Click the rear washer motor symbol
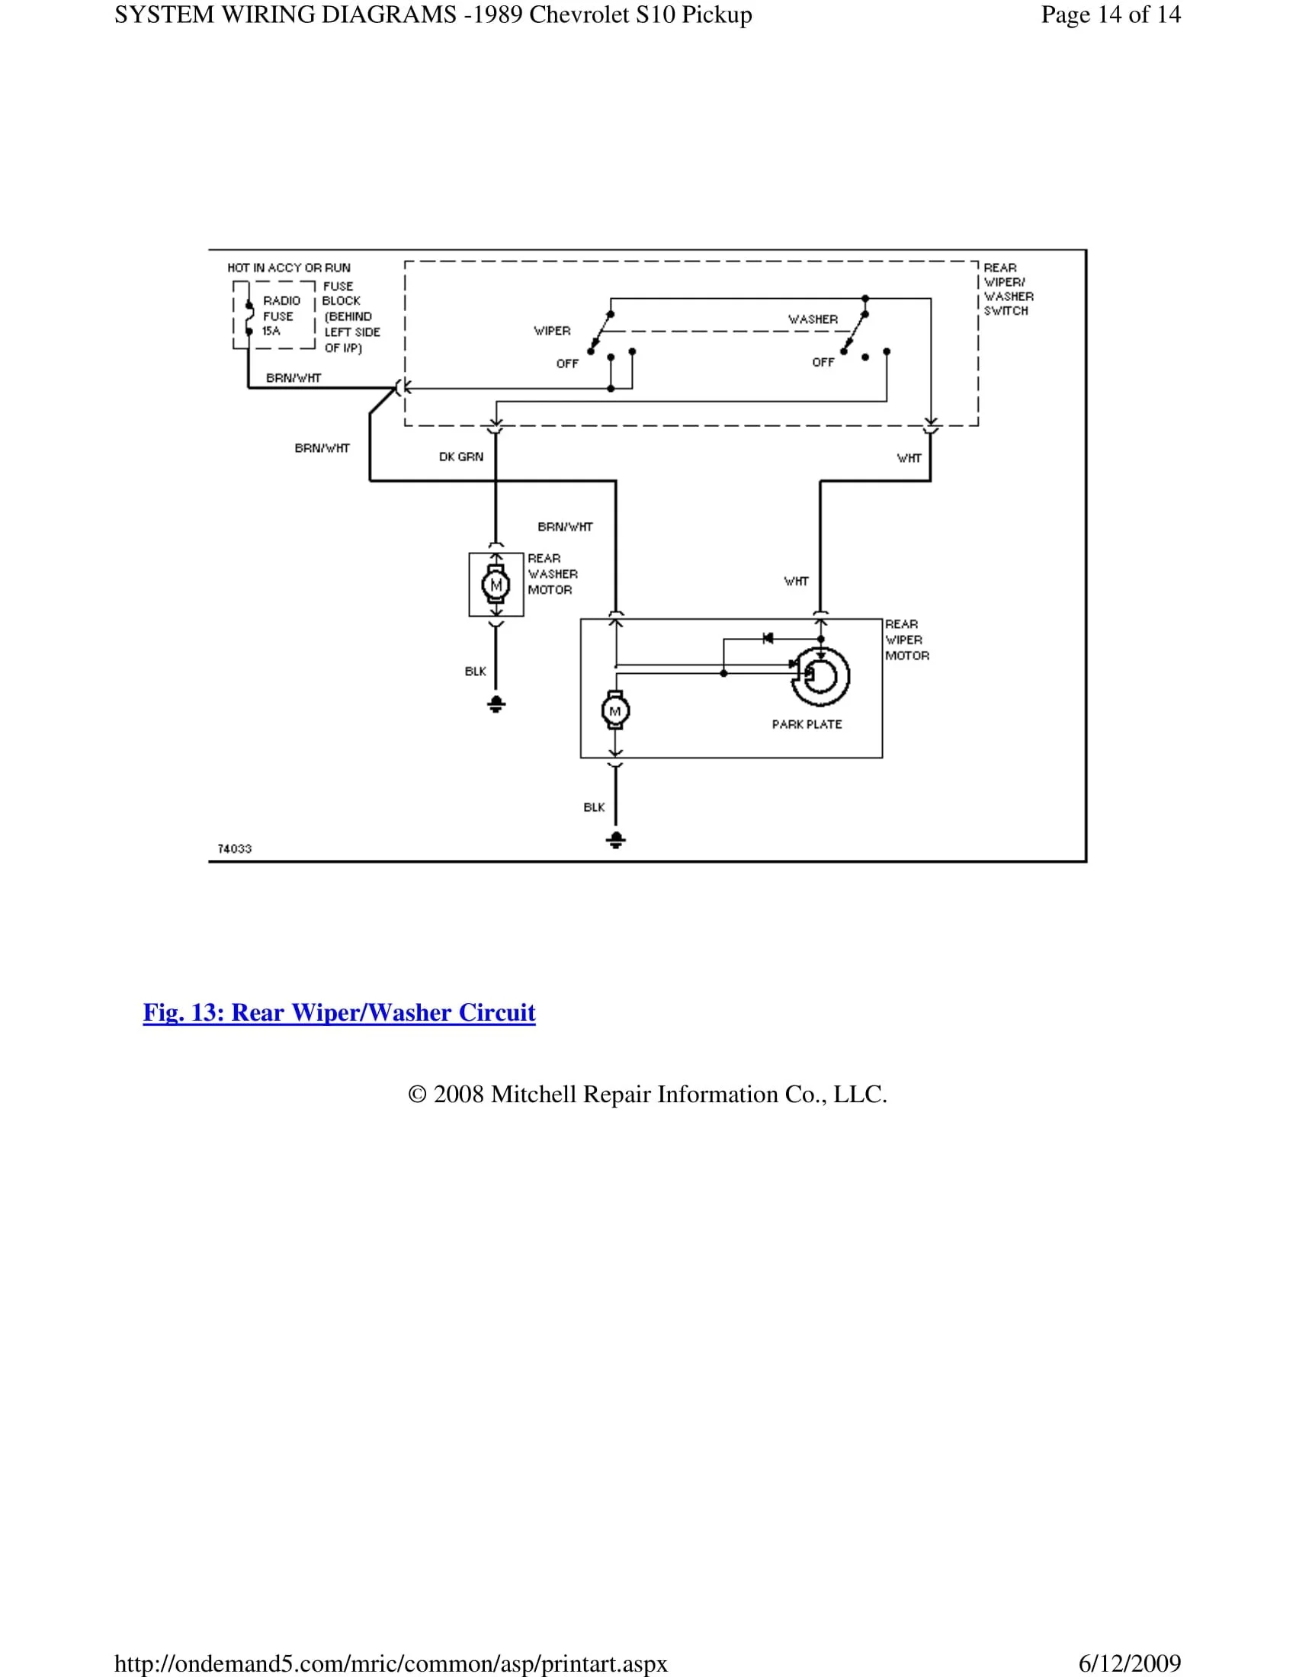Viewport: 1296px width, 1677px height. click(496, 585)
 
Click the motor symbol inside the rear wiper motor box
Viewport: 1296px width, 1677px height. click(615, 711)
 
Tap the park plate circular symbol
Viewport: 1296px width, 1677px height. click(821, 675)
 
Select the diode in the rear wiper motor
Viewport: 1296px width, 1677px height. click(768, 638)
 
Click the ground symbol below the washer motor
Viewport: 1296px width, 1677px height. click(496, 704)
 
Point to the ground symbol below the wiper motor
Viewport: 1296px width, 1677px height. click(616, 839)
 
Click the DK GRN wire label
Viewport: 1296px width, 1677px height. click(460, 457)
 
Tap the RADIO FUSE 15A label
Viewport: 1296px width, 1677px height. click(281, 316)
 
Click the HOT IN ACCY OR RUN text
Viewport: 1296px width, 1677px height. click(289, 268)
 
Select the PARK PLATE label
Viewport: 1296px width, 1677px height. click(807, 724)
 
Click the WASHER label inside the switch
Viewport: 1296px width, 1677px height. click(813, 319)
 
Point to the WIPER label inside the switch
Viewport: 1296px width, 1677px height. click(552, 331)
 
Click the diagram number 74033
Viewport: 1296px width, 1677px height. click(234, 848)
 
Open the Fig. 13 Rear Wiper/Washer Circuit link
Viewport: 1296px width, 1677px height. click(338, 1013)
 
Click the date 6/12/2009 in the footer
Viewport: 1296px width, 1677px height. click(1129, 1663)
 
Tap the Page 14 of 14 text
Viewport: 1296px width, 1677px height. click(1110, 14)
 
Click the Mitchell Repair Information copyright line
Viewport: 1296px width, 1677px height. click(647, 1094)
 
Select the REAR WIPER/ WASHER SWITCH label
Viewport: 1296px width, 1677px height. click(1008, 289)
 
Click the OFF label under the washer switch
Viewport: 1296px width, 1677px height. click(823, 361)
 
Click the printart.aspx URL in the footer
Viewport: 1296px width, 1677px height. click(391, 1663)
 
